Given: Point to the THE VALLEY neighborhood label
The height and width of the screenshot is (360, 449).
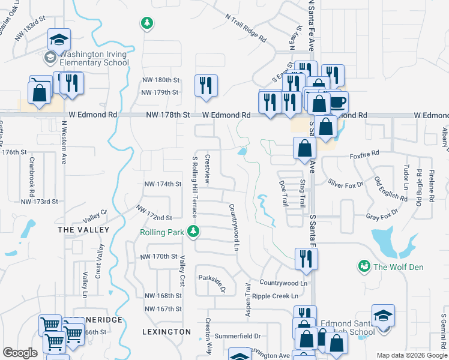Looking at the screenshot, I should (83, 230).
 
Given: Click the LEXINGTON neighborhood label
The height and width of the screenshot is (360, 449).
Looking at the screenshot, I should (166, 331).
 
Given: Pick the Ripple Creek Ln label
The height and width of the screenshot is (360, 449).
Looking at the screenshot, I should (275, 296).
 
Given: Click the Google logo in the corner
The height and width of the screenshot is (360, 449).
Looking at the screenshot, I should (20, 352).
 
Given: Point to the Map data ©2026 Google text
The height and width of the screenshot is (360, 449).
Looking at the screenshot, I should (411, 355).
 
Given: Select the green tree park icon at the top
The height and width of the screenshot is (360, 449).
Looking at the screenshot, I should (146, 23).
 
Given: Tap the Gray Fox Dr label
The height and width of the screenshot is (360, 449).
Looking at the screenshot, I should (382, 216).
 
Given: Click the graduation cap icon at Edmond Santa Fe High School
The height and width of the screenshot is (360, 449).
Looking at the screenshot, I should (383, 315).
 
